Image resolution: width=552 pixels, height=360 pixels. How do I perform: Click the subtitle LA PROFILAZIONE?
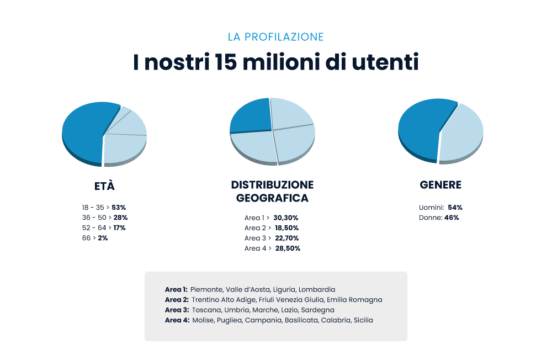pos(275,37)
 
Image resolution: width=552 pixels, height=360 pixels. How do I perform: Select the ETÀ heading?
pos(104,186)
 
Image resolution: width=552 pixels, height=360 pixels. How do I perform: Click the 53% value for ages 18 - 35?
pos(119,208)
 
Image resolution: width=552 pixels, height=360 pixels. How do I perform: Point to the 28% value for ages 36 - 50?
pos(120,218)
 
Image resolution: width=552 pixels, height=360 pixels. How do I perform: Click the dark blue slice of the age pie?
pos(83,133)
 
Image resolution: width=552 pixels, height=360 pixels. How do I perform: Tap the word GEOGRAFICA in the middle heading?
pos(272,198)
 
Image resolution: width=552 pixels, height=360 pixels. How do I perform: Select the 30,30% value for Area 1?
pos(285,218)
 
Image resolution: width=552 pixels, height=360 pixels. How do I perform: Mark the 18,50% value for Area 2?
pos(286,227)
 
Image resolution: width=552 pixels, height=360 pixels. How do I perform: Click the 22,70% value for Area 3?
pos(287,238)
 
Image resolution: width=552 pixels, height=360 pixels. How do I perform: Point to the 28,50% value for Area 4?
pos(287,248)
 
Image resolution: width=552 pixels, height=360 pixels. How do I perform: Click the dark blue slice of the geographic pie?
pos(250,115)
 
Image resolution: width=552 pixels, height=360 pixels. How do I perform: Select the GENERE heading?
pos(440,186)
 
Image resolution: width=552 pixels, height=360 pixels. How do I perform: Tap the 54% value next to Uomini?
pos(455,208)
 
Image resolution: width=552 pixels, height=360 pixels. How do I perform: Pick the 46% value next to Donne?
pos(452,218)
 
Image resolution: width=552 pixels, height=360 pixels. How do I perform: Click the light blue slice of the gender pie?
pos(463,134)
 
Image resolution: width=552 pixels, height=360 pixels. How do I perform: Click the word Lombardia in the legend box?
pos(317,289)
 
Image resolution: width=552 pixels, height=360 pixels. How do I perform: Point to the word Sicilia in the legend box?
pos(363,320)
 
